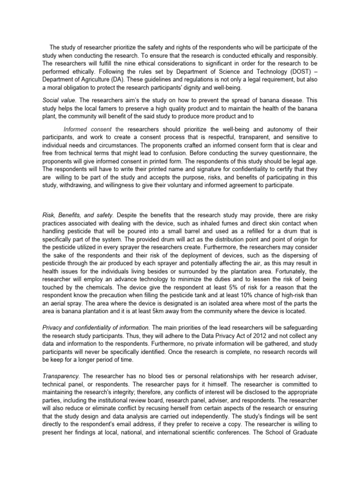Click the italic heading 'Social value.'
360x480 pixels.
(57, 100)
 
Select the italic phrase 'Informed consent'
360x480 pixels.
(88, 129)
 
